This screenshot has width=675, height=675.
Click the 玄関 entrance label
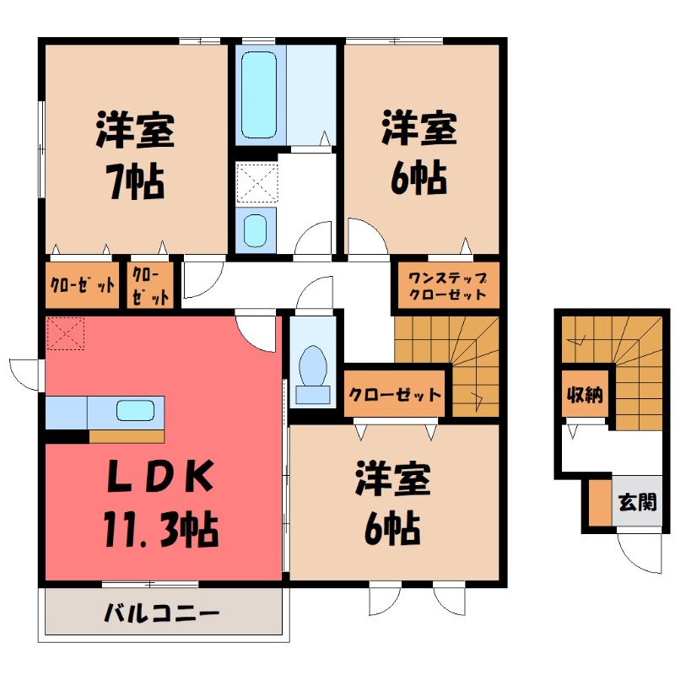click(x=637, y=504)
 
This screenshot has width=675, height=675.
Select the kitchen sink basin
click(x=135, y=413)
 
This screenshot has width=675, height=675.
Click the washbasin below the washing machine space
click(x=255, y=228)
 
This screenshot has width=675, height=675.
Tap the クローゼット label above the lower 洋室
click(x=395, y=395)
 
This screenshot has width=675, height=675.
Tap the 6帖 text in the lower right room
click(x=394, y=529)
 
